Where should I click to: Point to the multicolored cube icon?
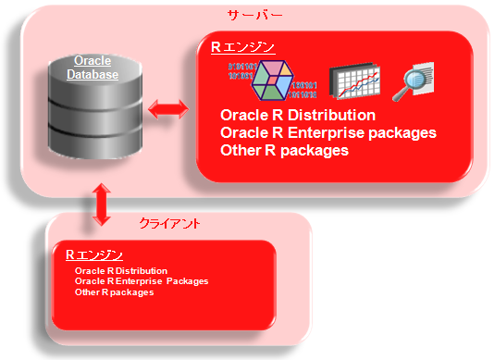(273, 80)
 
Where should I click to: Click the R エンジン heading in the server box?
(237, 46)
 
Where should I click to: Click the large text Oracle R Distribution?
(298, 116)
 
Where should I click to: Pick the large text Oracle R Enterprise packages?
(328, 132)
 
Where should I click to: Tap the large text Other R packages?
(284, 149)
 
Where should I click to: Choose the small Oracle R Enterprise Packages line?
(142, 281)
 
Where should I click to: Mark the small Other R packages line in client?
(114, 292)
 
